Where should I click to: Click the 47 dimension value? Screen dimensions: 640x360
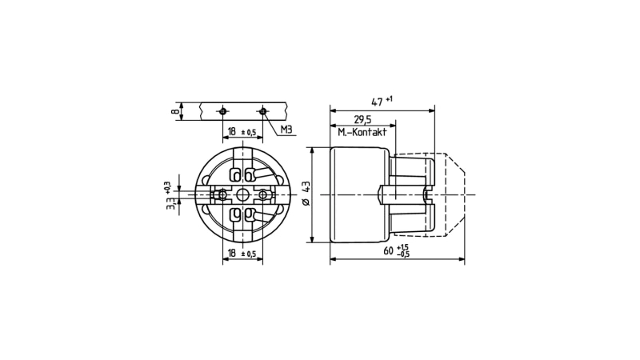pos(377,102)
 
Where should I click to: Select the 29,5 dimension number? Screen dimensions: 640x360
pos(362,120)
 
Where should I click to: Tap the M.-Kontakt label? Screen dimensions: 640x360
pos(362,133)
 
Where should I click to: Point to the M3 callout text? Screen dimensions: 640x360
pos(286,130)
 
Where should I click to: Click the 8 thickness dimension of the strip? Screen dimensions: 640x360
pos(175,111)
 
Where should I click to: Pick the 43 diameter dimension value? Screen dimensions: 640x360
pos(306,188)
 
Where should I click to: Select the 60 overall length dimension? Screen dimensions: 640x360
pos(389,250)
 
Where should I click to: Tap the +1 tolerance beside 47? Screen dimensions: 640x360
pos(389,98)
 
